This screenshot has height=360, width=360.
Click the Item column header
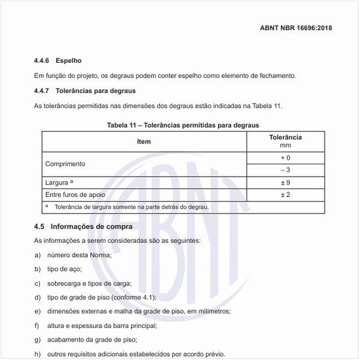(144, 141)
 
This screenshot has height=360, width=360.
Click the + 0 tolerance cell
(285, 158)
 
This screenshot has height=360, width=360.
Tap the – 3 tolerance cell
(285, 170)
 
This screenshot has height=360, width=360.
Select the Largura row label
(61, 183)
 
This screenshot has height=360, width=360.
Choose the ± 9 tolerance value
(285, 183)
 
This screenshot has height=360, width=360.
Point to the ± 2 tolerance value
(285, 195)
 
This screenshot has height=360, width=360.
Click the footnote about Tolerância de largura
(131, 207)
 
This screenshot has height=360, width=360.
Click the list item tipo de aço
(68, 269)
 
